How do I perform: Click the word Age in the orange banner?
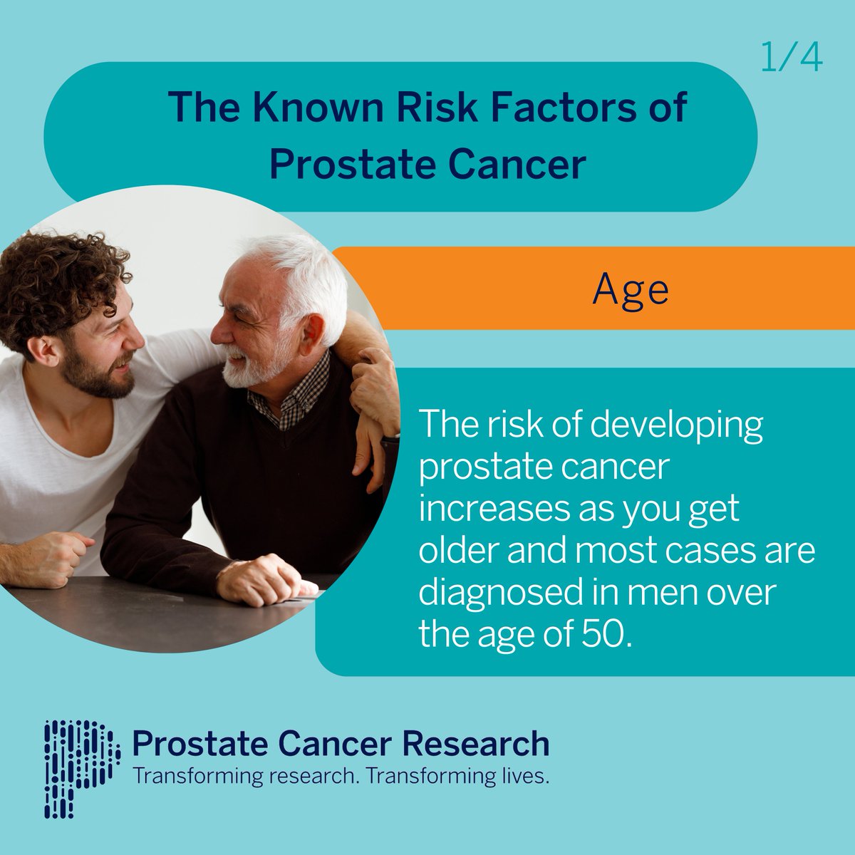[x=631, y=290]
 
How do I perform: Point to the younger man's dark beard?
[x=100, y=374]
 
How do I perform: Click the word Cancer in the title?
[x=517, y=165]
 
